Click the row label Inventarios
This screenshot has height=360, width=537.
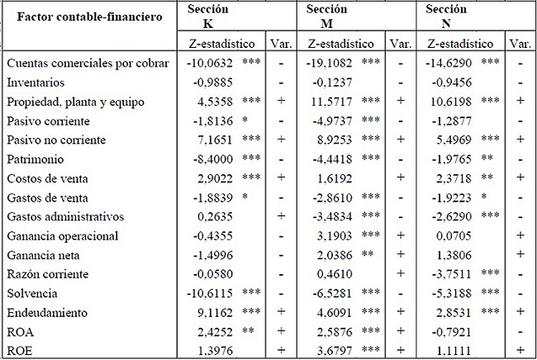point(36,83)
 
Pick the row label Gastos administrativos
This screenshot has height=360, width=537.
point(59,217)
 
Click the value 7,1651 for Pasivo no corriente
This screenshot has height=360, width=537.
point(208,139)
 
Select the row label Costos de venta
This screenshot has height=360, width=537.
point(45,178)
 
